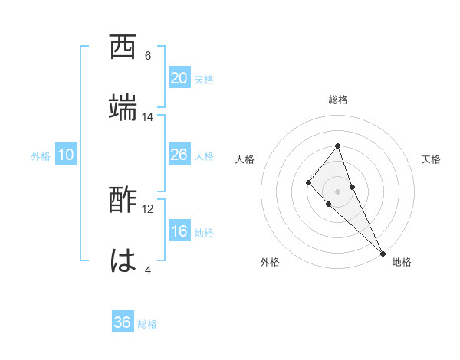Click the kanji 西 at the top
(123, 47)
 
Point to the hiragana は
(123, 260)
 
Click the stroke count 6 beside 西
(148, 56)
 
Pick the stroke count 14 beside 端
(148, 117)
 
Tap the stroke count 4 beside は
(148, 270)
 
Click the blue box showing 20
(179, 78)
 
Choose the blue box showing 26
(179, 155)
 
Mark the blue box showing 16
(179, 231)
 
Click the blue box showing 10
(66, 155)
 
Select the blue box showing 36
(123, 322)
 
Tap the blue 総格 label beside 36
(147, 324)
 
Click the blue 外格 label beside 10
(41, 156)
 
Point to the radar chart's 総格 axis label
(337, 100)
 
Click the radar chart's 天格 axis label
(431, 159)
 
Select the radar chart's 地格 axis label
(402, 262)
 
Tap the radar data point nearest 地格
(383, 253)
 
